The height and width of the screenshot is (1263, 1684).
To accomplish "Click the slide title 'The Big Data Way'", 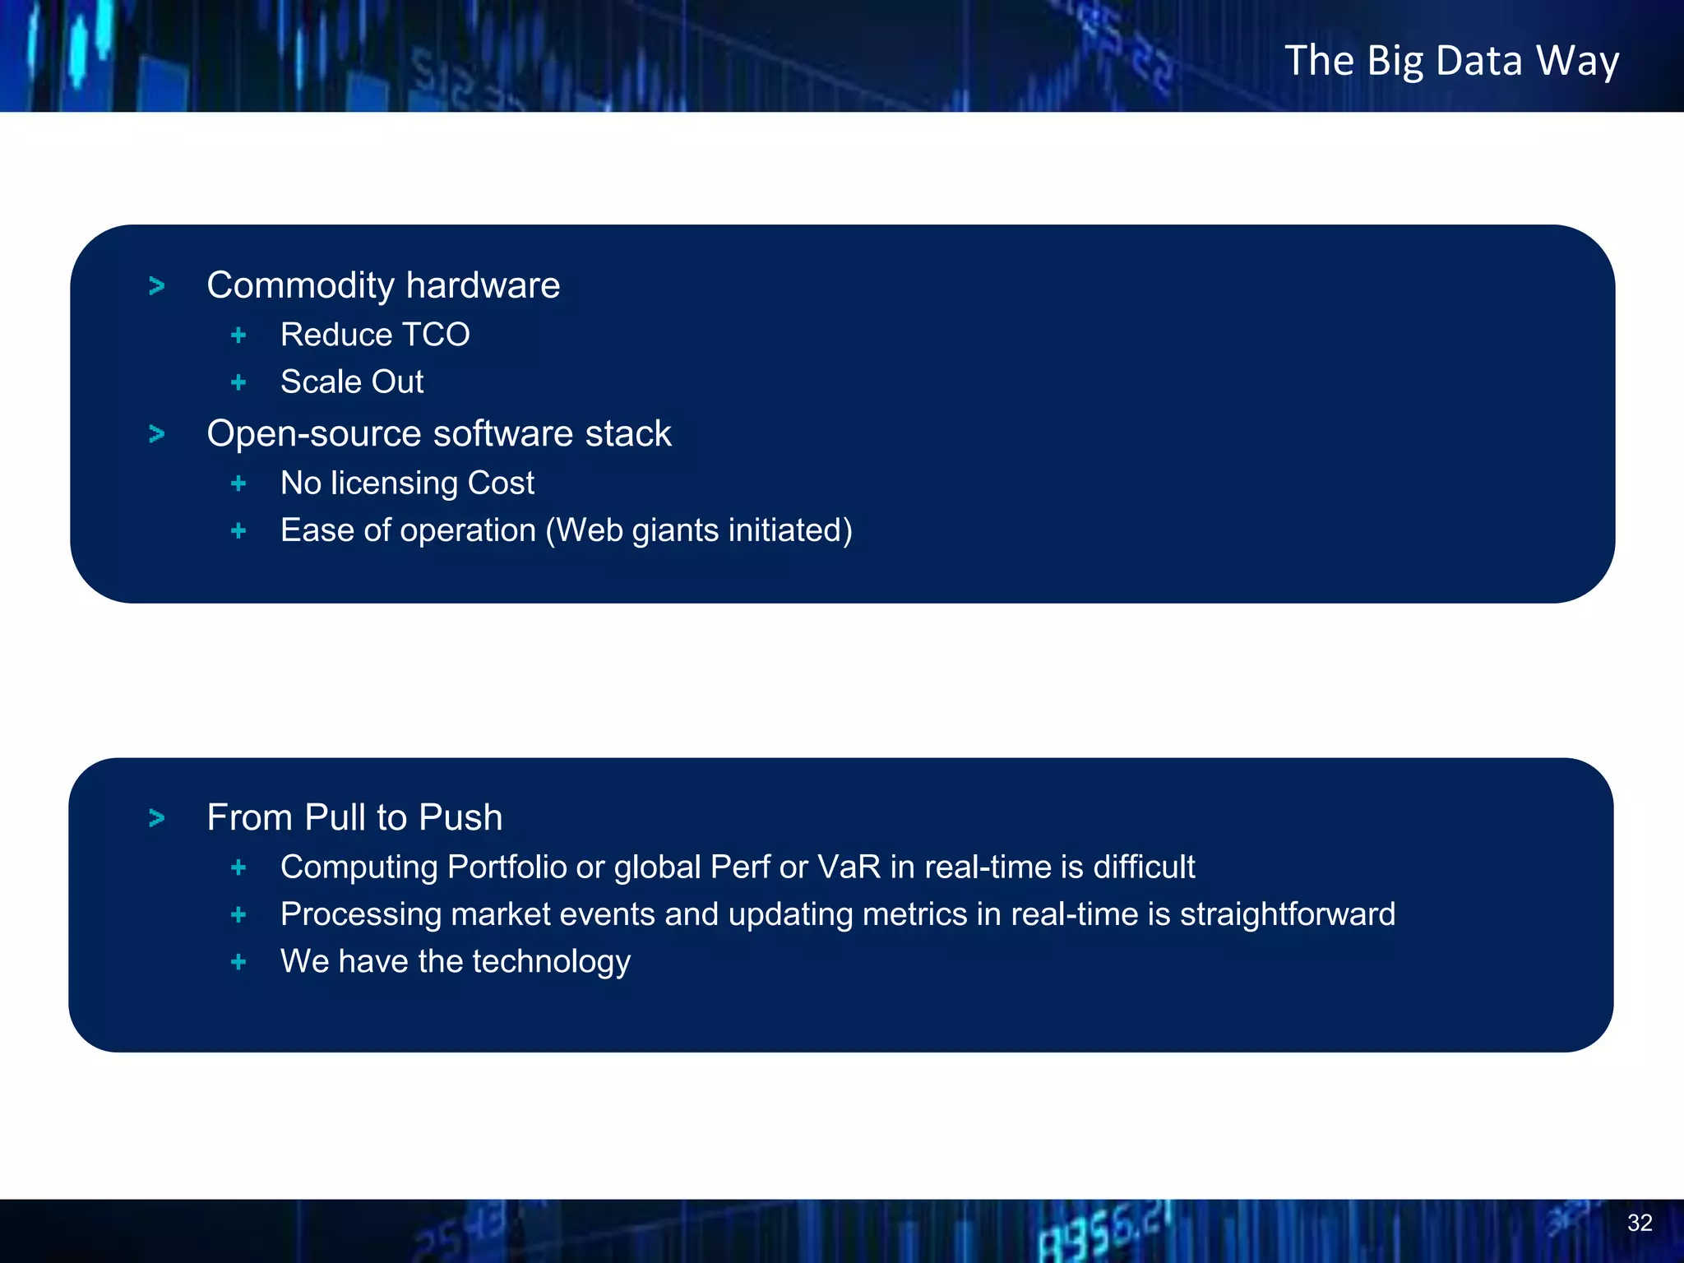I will [x=1451, y=61].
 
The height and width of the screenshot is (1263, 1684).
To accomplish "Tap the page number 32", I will [x=1640, y=1223].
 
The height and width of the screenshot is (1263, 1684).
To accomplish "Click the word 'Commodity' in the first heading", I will [x=301, y=286].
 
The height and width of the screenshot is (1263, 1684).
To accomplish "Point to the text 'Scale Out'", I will [x=352, y=382].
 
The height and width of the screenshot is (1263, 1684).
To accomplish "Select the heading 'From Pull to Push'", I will [x=354, y=817].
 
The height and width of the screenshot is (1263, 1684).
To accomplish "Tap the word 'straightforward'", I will [x=1288, y=914].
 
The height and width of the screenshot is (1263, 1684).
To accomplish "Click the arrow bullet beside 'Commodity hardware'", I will [x=157, y=286].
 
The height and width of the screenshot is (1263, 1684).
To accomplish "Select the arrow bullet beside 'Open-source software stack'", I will [x=157, y=433].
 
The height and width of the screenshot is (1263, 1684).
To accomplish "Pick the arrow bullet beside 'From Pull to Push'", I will [x=157, y=818].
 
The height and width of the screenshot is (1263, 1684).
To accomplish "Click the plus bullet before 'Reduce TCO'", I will [x=238, y=335].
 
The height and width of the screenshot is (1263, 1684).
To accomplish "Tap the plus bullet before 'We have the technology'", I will [x=238, y=961].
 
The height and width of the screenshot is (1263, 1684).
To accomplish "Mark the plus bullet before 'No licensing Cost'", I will [x=238, y=483].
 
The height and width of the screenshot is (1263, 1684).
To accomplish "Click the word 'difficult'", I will [x=1145, y=867].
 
